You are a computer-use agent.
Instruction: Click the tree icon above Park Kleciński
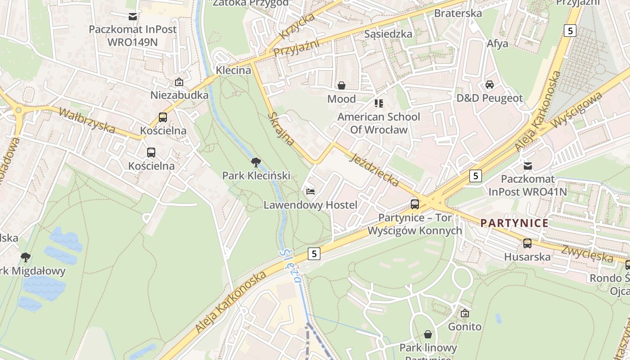pyautogui.click(x=256, y=162)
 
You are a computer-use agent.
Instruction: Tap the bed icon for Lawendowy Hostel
pyautogui.click(x=310, y=192)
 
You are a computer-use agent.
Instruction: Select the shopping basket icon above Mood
pyautogui.click(x=342, y=85)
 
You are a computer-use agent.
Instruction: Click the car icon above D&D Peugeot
pyautogui.click(x=490, y=85)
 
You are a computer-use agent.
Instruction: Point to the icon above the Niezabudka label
pyautogui.click(x=179, y=82)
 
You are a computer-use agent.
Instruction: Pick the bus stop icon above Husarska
pyautogui.click(x=527, y=243)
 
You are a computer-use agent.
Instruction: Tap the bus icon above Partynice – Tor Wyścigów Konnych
pyautogui.click(x=415, y=204)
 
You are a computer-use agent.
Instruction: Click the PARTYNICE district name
pyautogui.click(x=514, y=223)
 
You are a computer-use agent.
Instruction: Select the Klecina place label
pyautogui.click(x=233, y=70)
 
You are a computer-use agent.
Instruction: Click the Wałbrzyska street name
pyautogui.click(x=87, y=120)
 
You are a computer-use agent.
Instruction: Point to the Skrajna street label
pyautogui.click(x=281, y=129)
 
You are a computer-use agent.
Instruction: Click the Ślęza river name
pyautogui.click(x=289, y=265)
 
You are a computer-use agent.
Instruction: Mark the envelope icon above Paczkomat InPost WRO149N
pyautogui.click(x=133, y=17)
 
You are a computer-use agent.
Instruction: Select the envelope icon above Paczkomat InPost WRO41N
pyautogui.click(x=527, y=166)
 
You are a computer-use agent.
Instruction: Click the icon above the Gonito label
pyautogui.click(x=464, y=313)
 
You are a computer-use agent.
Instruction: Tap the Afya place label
pyautogui.click(x=497, y=44)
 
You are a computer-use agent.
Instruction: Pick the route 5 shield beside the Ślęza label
pyautogui.click(x=314, y=254)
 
